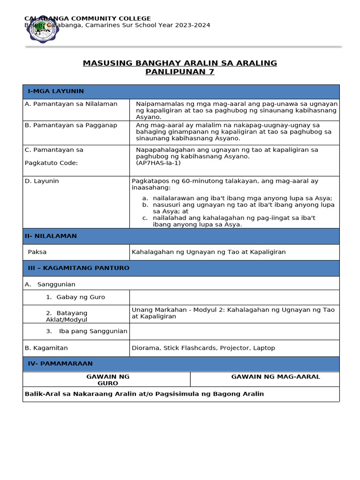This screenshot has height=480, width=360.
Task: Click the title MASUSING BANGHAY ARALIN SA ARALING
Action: coord(180,63)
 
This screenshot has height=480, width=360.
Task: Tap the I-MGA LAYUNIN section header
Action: coord(56,91)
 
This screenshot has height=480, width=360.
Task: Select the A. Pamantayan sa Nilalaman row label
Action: coord(71,104)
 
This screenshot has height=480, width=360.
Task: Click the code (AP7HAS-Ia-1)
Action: coord(158,163)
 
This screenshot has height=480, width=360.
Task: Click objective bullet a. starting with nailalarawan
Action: coord(242,198)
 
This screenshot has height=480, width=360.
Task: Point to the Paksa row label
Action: coord(37,252)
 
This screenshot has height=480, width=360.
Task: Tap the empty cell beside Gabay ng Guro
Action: coord(234,297)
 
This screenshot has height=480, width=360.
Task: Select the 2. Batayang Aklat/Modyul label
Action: coord(67,316)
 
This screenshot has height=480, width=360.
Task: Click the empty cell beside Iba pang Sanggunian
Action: coord(234,331)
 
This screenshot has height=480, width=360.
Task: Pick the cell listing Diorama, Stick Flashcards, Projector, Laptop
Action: coord(203,348)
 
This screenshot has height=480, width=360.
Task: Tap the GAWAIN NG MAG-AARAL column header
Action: coord(276,377)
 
